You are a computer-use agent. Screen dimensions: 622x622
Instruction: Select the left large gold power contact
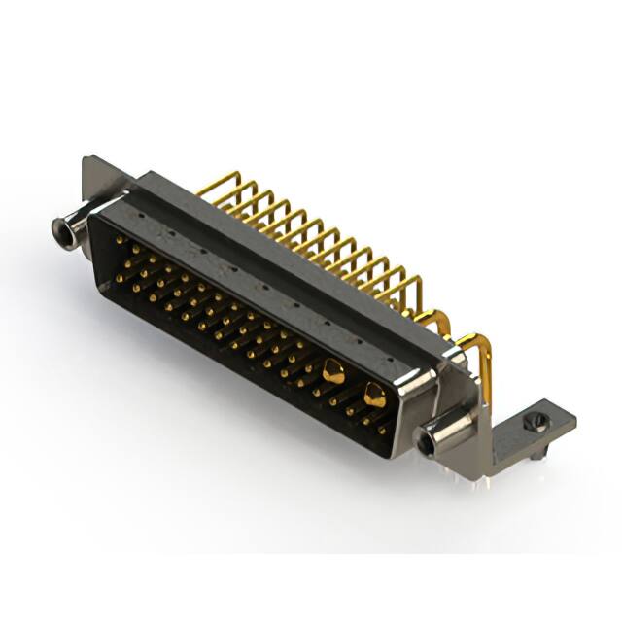pyautogui.click(x=333, y=370)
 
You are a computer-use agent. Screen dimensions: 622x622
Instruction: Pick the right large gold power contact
pyautogui.click(x=374, y=394)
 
